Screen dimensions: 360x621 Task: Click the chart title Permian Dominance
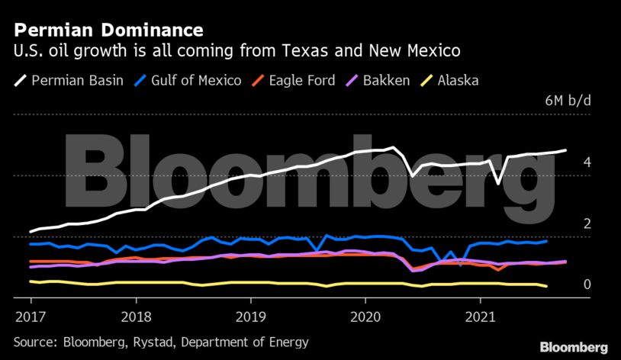click(108, 31)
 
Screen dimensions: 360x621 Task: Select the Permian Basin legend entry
click(69, 80)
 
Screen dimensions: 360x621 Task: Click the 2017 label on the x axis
click(30, 316)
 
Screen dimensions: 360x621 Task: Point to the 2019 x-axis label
click(251, 316)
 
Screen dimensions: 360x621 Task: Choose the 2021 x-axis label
click(481, 316)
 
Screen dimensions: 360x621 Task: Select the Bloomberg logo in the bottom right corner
click(574, 347)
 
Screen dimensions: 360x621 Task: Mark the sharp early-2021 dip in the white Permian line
click(498, 183)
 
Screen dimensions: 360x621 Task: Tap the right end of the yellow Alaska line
click(546, 286)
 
